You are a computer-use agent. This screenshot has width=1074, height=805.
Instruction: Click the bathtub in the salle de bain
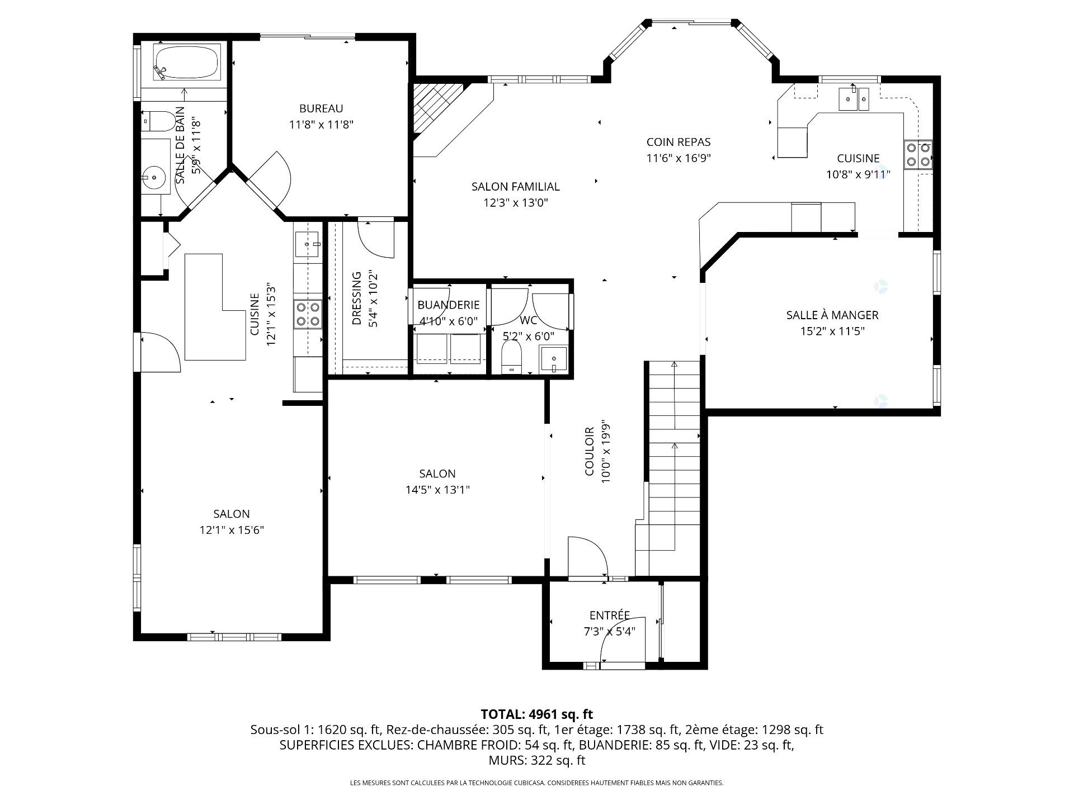tap(186, 63)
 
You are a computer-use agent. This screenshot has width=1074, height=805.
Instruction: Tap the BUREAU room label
tap(321, 108)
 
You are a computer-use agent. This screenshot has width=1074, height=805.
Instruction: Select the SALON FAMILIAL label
tap(515, 187)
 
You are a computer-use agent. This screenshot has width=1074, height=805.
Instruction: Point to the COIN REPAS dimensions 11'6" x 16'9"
tap(679, 158)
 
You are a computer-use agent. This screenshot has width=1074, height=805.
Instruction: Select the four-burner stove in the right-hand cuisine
tap(918, 155)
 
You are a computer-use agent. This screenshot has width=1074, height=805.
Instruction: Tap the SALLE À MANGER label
tap(832, 315)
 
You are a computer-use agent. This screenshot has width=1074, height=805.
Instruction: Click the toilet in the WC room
tap(511, 357)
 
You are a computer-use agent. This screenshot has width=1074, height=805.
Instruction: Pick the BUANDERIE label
tap(449, 305)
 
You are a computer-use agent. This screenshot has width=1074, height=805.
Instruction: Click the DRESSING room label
tap(357, 299)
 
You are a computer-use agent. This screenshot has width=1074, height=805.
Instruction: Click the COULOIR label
tap(590, 452)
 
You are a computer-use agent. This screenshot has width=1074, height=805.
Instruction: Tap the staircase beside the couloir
tap(674, 447)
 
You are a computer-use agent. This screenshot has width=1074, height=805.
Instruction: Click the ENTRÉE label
tap(610, 615)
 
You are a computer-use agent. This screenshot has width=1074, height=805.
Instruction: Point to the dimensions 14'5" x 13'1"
tap(437, 490)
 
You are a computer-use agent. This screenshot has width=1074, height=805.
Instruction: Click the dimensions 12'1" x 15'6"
tap(232, 530)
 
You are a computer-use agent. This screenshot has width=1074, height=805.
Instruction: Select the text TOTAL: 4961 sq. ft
tap(536, 714)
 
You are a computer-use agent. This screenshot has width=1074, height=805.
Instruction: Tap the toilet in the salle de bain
tap(160, 120)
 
